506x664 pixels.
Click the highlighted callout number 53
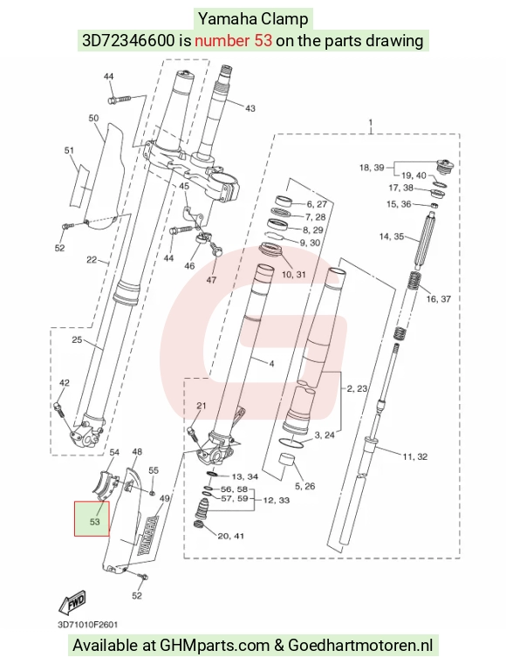[94, 522]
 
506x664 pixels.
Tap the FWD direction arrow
[72, 602]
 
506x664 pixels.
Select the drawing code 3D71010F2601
[88, 625]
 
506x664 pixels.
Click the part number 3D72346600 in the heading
[128, 41]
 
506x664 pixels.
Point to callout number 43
[250, 108]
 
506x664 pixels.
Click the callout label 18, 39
[372, 168]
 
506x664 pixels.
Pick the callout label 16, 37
[439, 299]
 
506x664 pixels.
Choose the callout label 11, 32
[415, 456]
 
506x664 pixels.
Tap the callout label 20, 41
[231, 536]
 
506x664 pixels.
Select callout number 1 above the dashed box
[371, 123]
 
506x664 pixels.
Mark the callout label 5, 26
[304, 486]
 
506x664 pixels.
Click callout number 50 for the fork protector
[93, 118]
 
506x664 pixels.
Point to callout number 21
[202, 406]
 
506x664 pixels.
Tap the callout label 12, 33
[277, 500]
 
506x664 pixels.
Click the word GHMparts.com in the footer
[215, 646]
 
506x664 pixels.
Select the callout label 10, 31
[293, 274]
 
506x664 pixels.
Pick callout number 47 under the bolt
[211, 280]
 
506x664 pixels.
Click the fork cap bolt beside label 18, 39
[445, 166]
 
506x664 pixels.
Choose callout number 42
[64, 383]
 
